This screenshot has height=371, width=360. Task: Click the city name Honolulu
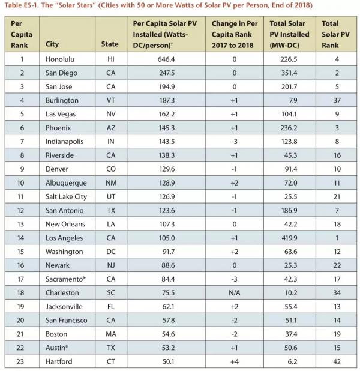[59, 59]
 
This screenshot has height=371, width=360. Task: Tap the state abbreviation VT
[110, 100]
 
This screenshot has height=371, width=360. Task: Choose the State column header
[110, 44]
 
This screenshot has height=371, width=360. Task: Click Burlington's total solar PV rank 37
[331, 100]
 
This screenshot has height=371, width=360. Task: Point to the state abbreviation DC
[110, 251]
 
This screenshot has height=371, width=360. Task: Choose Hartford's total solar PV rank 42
[331, 361]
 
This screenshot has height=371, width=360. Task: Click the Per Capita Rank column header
[21, 34]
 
